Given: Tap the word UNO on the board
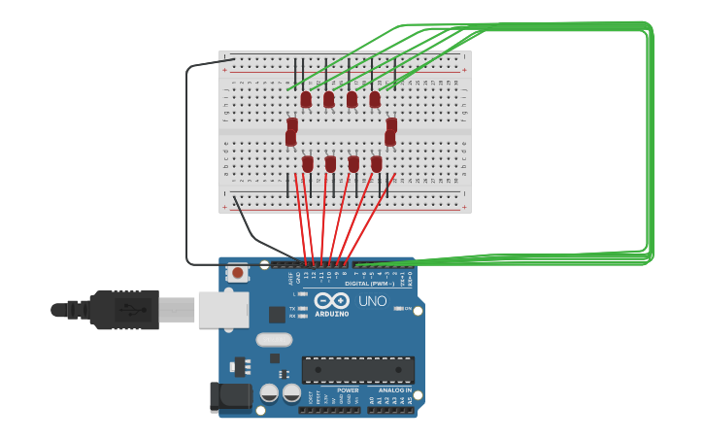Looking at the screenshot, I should (373, 301).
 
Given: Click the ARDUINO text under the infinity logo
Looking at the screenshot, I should (331, 314).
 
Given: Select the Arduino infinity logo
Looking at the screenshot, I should (331, 301).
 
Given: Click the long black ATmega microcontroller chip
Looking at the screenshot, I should (357, 369).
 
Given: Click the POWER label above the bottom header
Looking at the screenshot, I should (348, 390).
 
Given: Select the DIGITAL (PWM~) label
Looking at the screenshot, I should (370, 284).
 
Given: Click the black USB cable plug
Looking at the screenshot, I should (124, 310).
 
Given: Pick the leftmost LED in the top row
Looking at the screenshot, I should (306, 99).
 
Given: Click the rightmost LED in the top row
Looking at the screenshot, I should (375, 99).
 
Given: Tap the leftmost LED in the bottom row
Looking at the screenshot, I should (308, 164).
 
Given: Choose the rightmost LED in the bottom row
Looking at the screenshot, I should (377, 164).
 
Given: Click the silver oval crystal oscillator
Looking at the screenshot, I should (275, 339).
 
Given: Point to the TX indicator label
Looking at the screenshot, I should (293, 308).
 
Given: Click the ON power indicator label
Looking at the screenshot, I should (408, 309).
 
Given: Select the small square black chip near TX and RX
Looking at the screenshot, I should (277, 314).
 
